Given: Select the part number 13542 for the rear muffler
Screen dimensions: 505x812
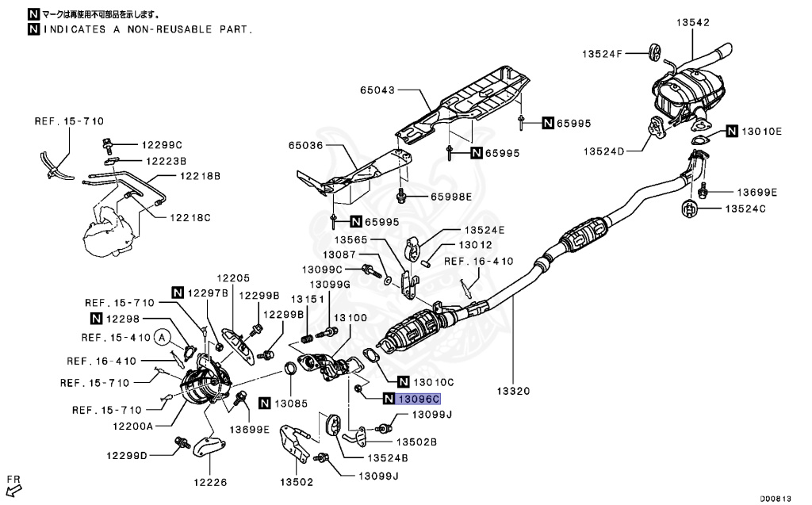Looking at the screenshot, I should [x=692, y=23].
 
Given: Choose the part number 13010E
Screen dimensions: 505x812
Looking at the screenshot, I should [x=761, y=131].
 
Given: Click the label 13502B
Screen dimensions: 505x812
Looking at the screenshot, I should [x=417, y=442].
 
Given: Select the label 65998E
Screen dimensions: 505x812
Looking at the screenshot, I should [x=450, y=196].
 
